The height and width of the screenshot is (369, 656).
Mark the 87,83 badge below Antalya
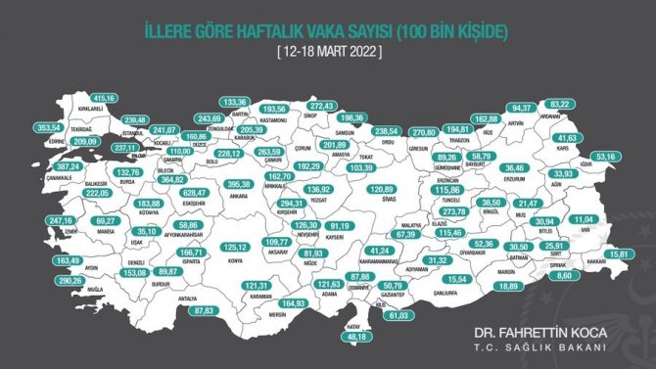[x=204, y=310]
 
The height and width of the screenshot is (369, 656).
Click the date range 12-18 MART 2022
[x=328, y=48]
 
